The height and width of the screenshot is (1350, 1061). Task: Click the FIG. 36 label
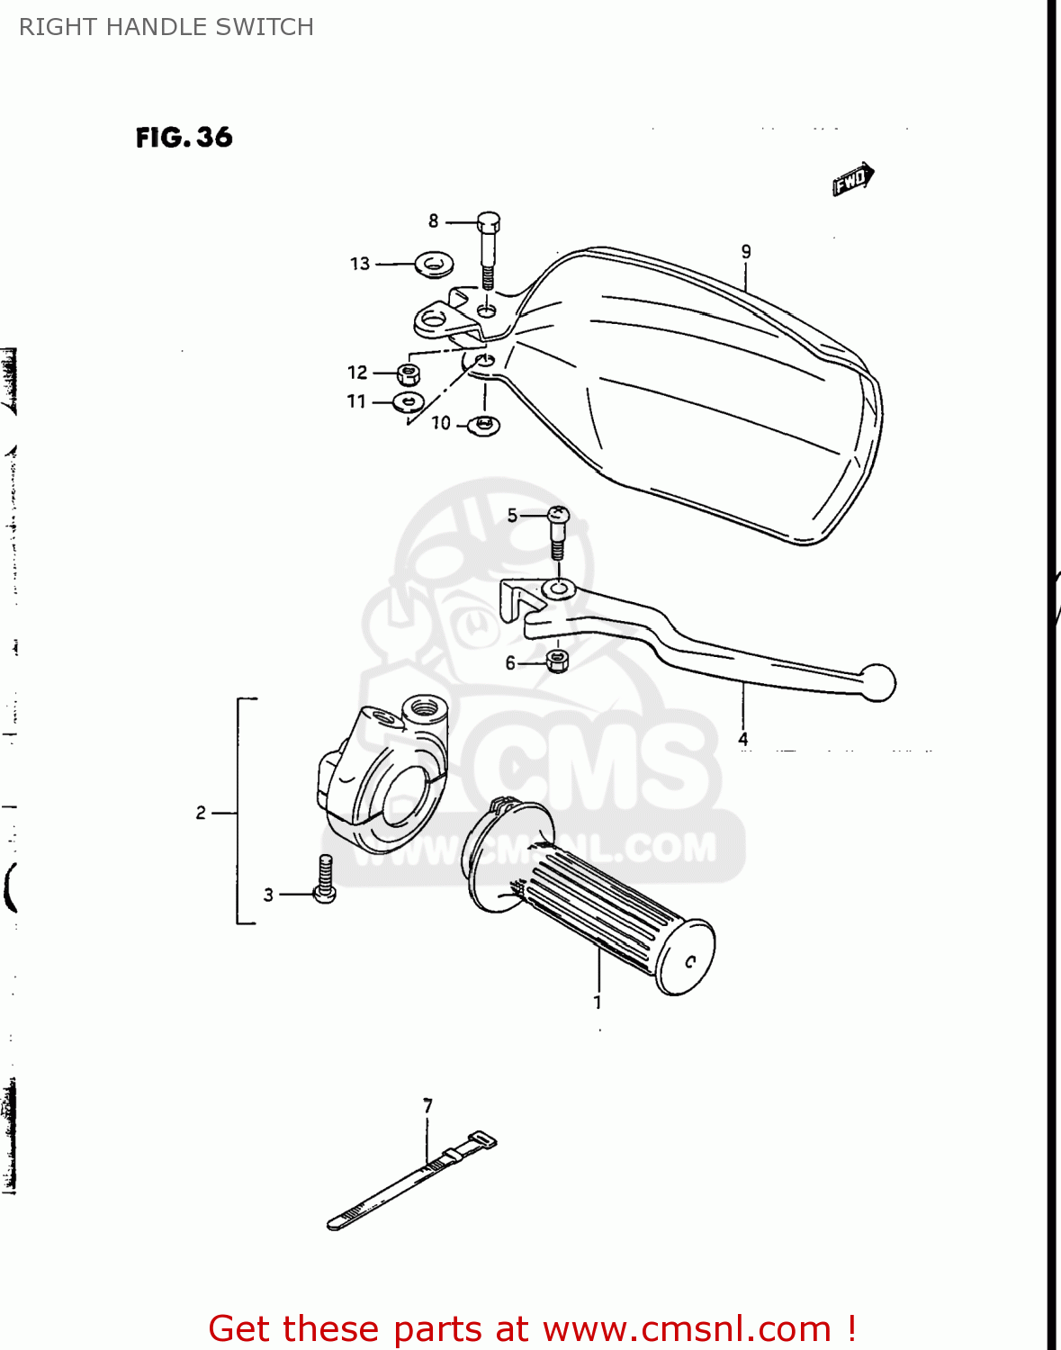tap(184, 138)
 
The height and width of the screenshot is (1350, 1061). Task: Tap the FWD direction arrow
tap(852, 178)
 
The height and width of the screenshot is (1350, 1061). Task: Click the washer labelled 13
tap(434, 265)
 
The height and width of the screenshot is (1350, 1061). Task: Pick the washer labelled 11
tap(409, 400)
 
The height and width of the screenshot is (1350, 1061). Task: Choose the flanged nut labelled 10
tap(484, 425)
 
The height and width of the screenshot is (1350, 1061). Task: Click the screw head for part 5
tap(558, 517)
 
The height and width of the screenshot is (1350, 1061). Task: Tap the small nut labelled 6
tap(557, 662)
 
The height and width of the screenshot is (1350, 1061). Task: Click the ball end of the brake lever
tap(877, 682)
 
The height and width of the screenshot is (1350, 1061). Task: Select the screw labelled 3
tap(325, 879)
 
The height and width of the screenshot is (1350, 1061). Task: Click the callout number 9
tap(746, 252)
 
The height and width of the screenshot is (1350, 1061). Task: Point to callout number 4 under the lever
tap(743, 739)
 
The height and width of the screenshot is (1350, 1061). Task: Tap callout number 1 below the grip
tap(598, 1002)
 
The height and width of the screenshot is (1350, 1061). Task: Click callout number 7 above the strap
tap(428, 1105)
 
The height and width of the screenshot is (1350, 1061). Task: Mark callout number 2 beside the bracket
tap(201, 813)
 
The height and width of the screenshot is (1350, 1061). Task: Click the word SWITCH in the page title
tap(270, 27)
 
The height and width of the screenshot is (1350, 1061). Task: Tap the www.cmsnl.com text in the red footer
tap(687, 1328)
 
